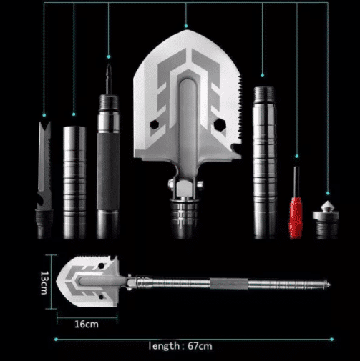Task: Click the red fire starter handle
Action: click(x=296, y=217)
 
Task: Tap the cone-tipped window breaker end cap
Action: click(x=326, y=219)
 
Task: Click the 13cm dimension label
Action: click(x=44, y=282)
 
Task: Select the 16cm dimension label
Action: click(x=87, y=325)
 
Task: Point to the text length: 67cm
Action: click(x=180, y=346)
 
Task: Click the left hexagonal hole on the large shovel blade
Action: click(x=155, y=124)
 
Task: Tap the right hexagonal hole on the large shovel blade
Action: click(x=220, y=124)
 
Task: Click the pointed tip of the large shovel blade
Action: click(x=187, y=30)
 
